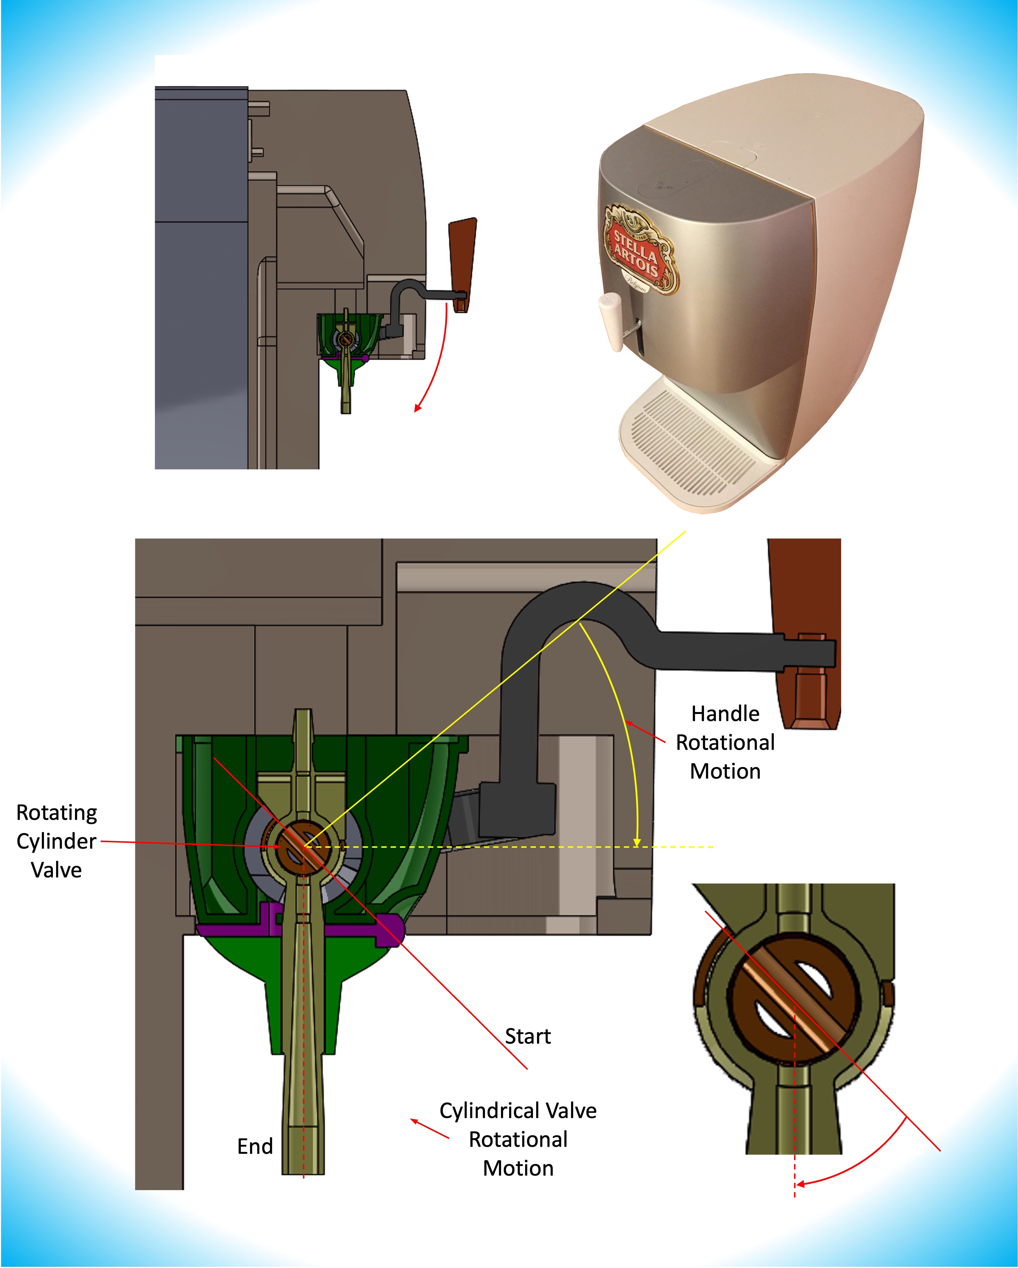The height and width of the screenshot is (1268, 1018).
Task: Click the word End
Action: coord(255,1146)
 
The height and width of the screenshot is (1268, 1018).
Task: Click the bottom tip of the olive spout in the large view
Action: coord(303,1170)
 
